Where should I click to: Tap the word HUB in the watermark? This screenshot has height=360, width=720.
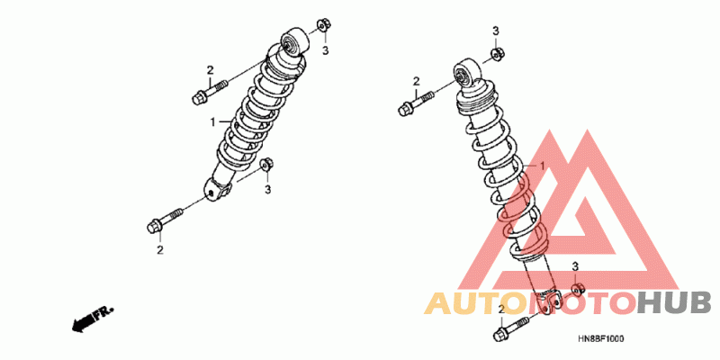point(674,302)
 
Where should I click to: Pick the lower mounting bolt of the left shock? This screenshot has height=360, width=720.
point(162,220)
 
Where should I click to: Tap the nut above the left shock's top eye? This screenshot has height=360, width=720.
point(323,25)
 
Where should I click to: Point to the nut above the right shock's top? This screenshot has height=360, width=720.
point(496,54)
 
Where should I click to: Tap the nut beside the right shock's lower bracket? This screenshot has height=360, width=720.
point(577,289)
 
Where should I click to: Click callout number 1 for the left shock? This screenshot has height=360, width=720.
point(213,121)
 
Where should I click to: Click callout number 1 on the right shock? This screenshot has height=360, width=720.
point(543,166)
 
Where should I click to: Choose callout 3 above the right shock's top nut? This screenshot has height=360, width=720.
point(495,31)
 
